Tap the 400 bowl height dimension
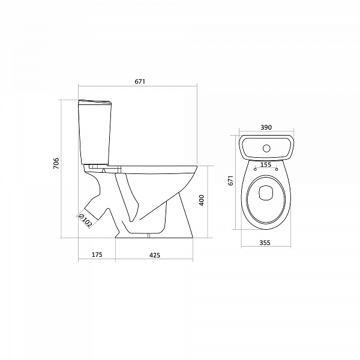pos(202,200)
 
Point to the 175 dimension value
pos(97,254)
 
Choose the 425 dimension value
pos(154,254)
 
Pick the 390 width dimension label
pos(266,127)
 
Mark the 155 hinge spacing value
pos(266,164)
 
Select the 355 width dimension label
pos(266,242)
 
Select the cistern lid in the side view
pos(95,102)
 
